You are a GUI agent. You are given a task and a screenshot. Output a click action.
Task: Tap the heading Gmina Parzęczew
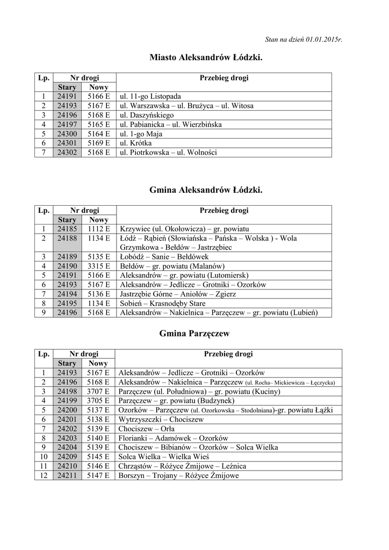tap(195, 334)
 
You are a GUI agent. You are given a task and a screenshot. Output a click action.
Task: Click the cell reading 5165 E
tap(99, 125)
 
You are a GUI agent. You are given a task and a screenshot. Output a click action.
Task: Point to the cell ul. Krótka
tap(135, 143)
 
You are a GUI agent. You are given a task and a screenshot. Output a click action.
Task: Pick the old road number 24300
tap(67, 134)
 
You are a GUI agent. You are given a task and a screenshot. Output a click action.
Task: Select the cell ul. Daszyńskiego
tap(147, 115)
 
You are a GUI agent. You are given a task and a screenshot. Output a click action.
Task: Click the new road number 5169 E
tap(99, 143)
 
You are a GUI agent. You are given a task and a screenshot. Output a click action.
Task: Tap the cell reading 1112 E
tap(99, 229)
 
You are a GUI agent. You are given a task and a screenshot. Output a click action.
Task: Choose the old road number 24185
tap(67, 229)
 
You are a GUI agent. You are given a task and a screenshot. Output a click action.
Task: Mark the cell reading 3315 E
tap(99, 266)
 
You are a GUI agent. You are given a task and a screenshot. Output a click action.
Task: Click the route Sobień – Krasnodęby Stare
tap(162, 303)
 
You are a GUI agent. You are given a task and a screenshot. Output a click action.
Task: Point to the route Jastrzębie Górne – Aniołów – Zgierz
tap(177, 294)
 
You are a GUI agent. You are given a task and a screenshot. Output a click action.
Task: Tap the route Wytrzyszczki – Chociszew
tap(161, 419)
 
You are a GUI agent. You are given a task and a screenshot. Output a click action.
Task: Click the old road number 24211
tap(67, 475)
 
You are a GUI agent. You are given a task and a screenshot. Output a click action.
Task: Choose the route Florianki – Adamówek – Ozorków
tap(173, 438)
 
